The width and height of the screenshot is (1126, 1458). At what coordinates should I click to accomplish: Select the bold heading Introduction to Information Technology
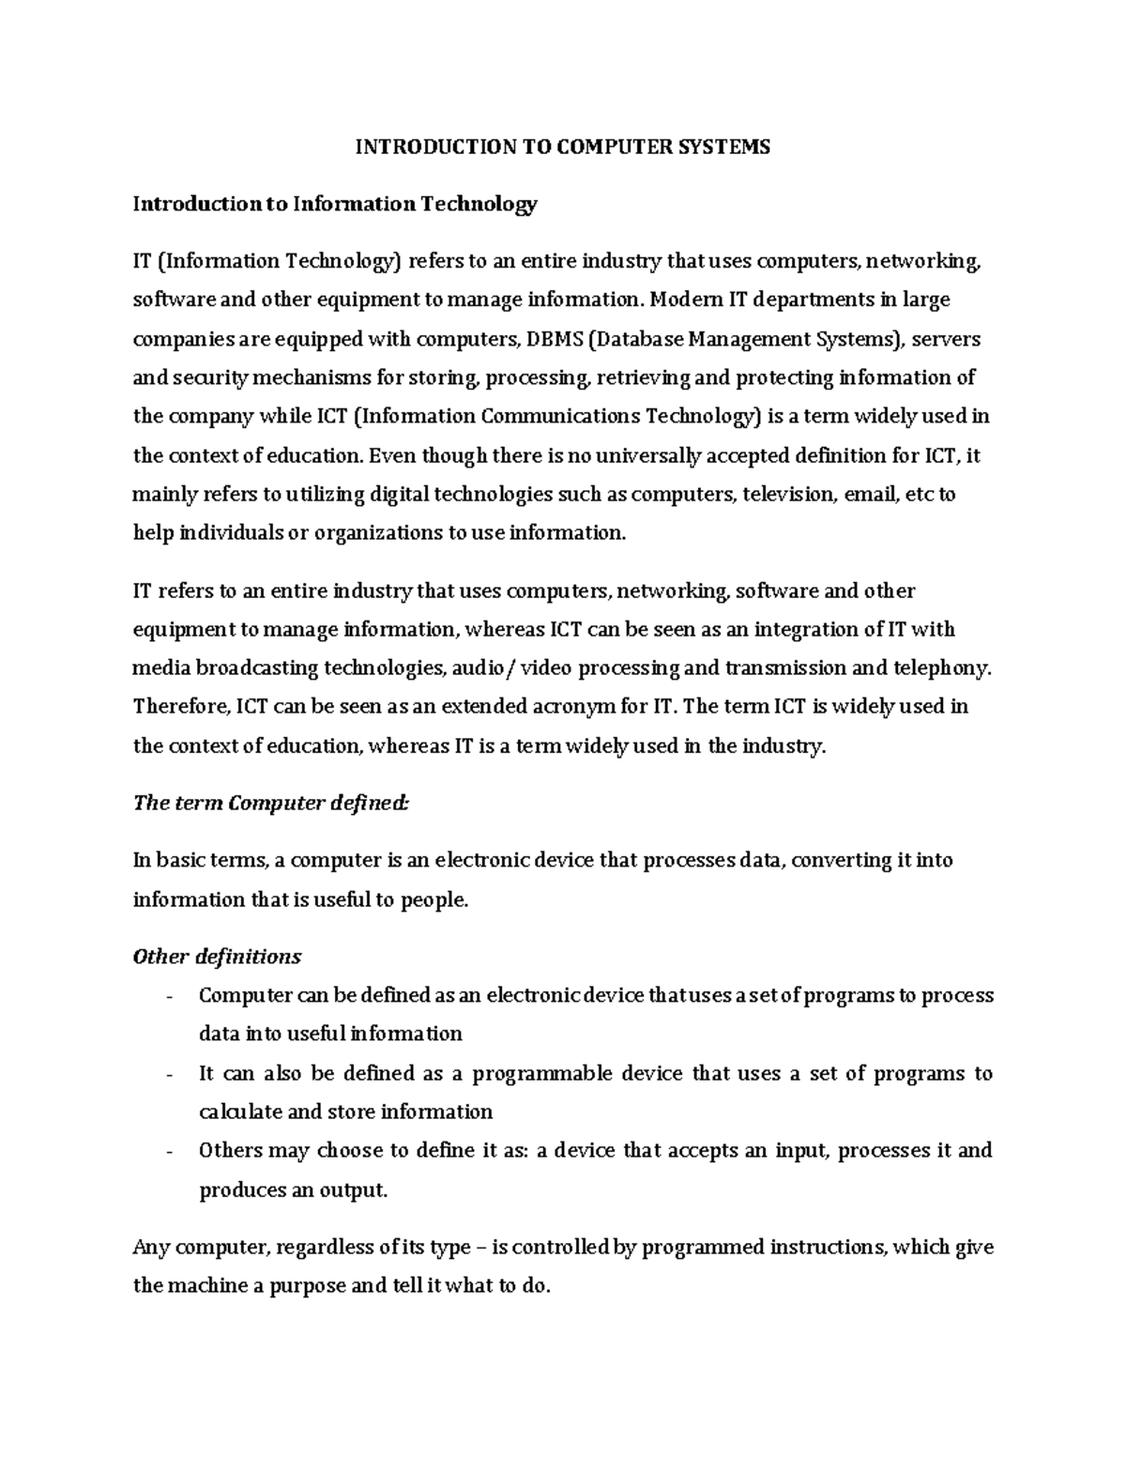[335, 204]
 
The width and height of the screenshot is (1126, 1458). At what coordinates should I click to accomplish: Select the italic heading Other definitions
[218, 957]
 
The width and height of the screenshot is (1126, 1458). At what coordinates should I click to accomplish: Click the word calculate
[240, 1112]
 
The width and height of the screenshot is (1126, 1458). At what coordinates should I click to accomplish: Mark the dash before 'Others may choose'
[168, 1152]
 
